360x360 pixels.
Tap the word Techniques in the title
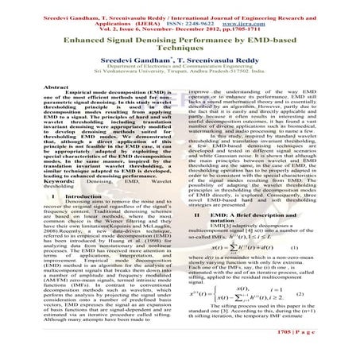point(180,48)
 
